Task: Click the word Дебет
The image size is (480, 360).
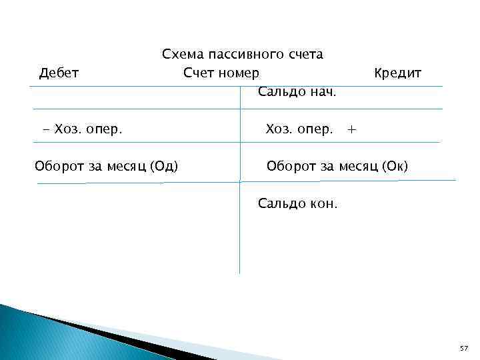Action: [59, 73]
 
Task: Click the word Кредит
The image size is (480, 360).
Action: [397, 73]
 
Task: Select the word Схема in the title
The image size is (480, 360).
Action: [183, 55]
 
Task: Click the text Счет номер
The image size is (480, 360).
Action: [221, 73]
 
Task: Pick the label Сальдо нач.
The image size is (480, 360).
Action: [297, 91]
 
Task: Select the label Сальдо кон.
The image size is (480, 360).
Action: [297, 203]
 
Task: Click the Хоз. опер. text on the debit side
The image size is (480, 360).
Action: [89, 129]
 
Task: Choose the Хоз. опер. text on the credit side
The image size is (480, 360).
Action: [299, 129]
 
